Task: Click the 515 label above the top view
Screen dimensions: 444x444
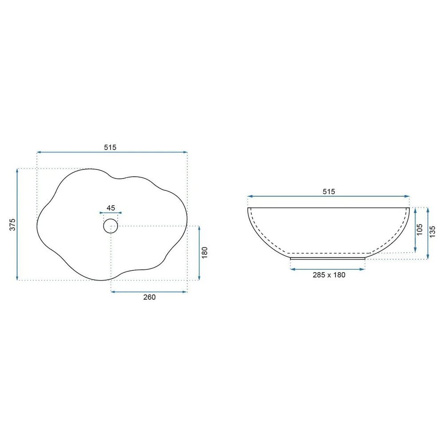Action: point(110,147)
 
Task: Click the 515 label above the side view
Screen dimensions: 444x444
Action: point(329,191)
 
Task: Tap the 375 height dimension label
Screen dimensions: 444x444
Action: point(12,225)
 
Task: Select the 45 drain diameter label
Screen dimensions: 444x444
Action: point(111,208)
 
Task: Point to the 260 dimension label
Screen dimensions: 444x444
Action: point(149,297)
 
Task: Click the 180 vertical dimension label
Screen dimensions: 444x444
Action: point(204,253)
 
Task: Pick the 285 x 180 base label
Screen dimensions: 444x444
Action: point(329,275)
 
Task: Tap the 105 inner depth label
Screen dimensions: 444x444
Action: point(420,230)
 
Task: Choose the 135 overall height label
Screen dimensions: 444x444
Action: point(432,232)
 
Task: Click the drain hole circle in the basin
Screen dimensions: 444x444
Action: point(111,219)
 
